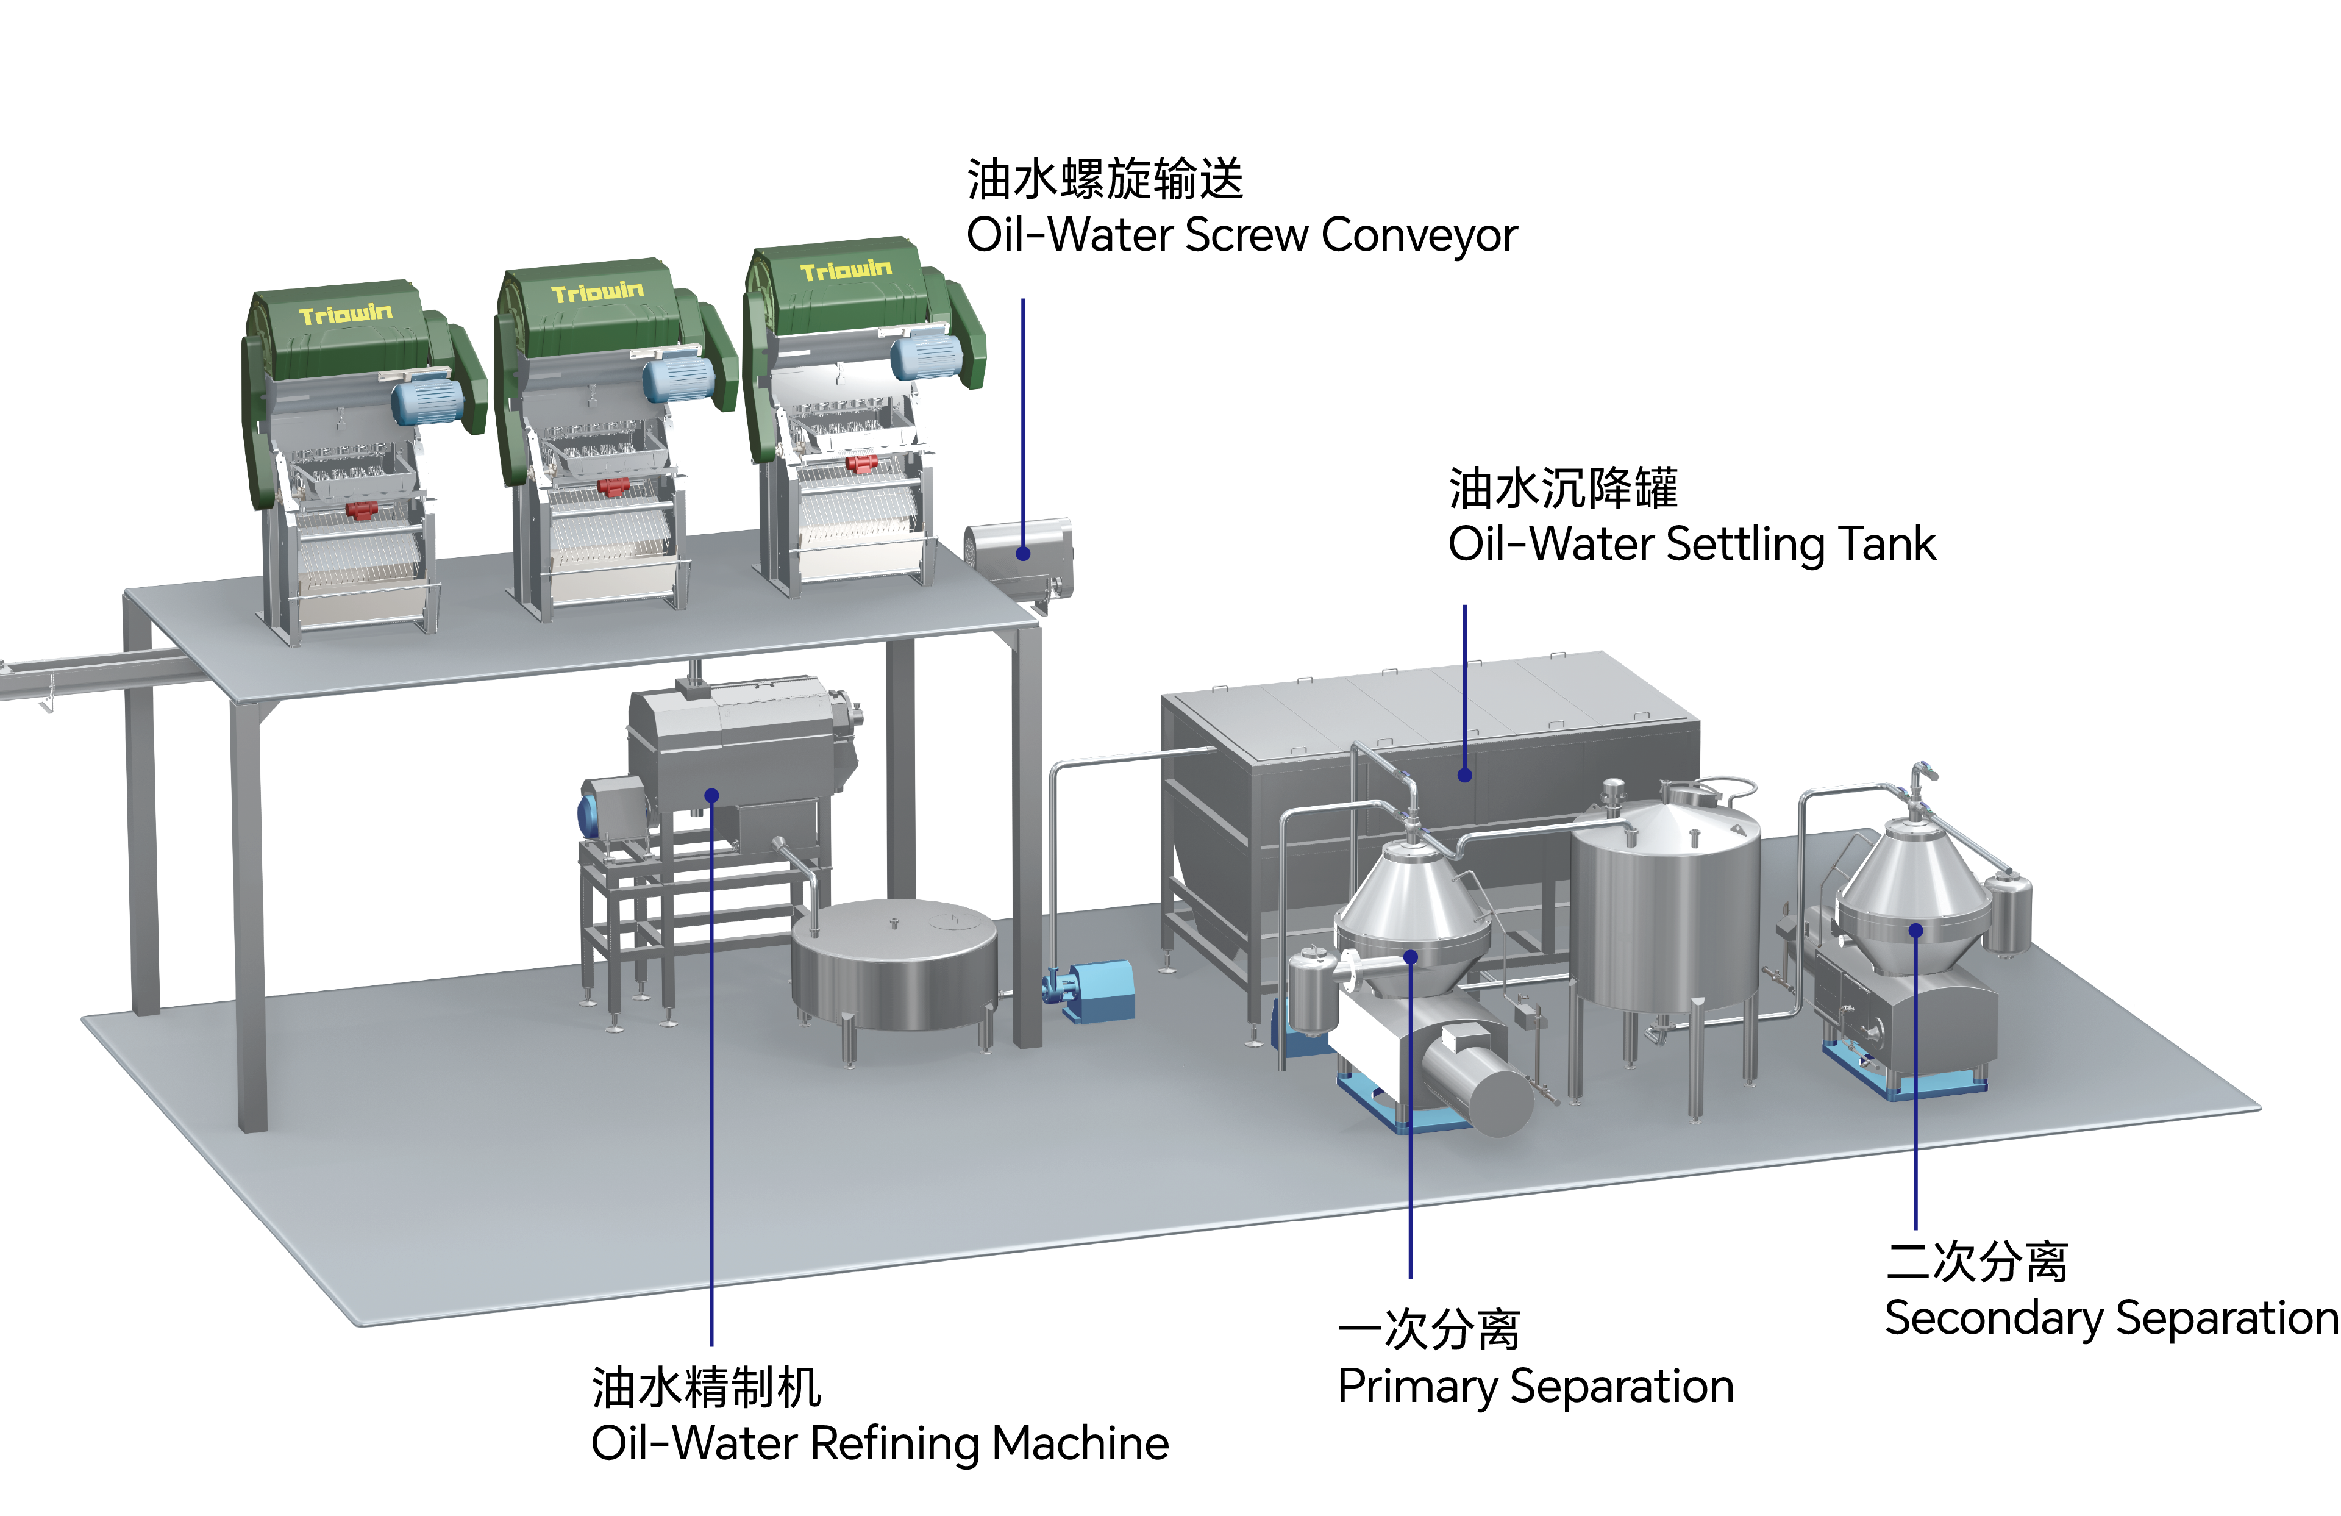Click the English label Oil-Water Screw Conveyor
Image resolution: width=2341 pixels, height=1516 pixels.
click(x=1241, y=235)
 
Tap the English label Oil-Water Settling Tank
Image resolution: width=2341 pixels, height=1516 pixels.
click(x=1692, y=544)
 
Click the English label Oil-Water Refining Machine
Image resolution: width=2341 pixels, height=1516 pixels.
click(x=879, y=1443)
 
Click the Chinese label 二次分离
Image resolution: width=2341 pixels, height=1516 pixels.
click(x=1977, y=1261)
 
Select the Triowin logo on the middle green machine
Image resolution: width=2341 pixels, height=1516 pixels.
click(x=597, y=292)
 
